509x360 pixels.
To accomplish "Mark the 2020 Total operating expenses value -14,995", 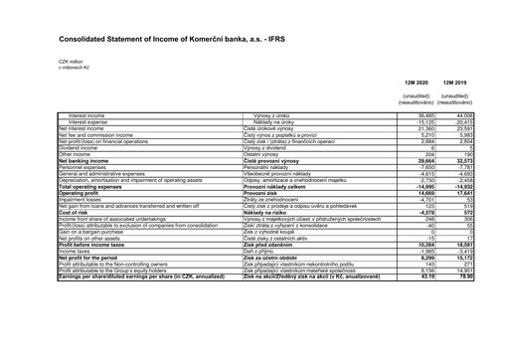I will point(423,187).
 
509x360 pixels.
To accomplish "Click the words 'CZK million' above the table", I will point(43,61).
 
